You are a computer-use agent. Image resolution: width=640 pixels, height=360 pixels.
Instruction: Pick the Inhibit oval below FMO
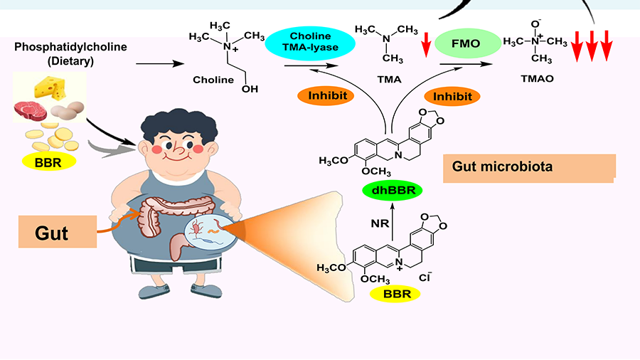[453, 95]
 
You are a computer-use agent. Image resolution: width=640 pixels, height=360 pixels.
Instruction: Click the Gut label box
[57, 232]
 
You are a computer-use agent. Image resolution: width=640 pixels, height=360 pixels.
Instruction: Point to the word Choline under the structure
[213, 80]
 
